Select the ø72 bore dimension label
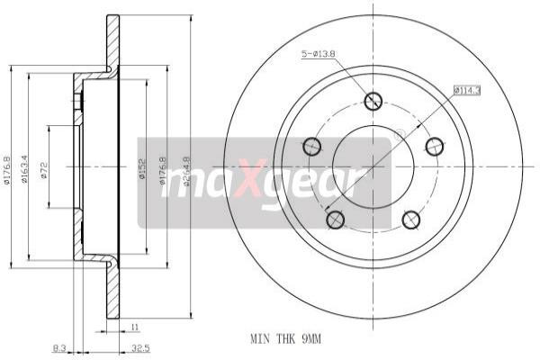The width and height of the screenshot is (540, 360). coord(45,167)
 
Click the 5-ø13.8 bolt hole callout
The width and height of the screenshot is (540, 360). coord(319,55)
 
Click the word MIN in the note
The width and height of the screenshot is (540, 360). coord(260,340)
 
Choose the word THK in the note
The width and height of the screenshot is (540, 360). coord(283,340)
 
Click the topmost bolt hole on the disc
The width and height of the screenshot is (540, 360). coord(373,102)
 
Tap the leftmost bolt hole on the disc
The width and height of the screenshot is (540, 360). coord(313,146)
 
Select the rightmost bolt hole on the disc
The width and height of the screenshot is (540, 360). coord(434,146)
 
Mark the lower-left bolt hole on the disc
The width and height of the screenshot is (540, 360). coord(336,218)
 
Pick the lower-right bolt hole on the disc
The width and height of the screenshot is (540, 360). coord(411,218)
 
